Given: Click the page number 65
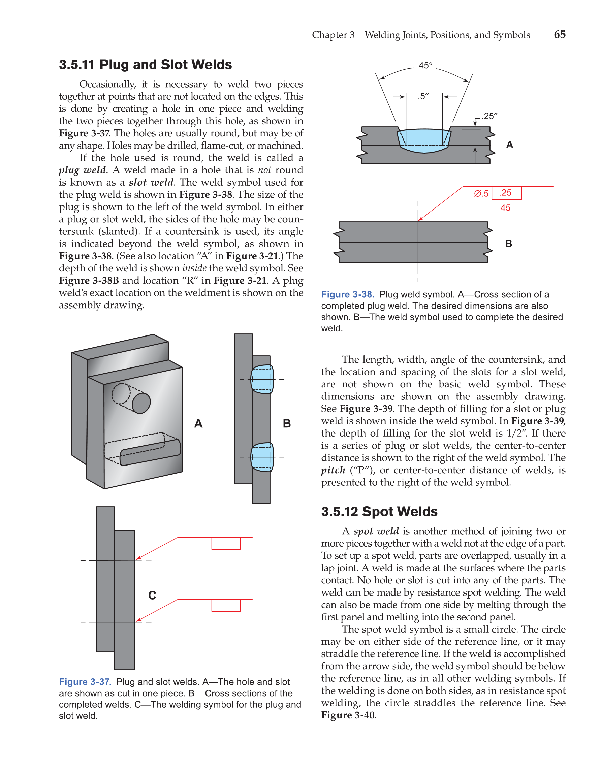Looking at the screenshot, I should click(x=560, y=34).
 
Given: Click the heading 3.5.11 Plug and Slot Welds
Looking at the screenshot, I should click(x=145, y=65).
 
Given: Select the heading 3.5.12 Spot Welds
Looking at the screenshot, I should click(x=379, y=511).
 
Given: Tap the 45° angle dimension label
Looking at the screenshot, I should click(x=425, y=65).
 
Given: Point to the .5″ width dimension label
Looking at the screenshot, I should click(x=423, y=96).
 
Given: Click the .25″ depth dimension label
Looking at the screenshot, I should click(x=490, y=116).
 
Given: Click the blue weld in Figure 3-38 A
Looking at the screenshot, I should click(x=424, y=141).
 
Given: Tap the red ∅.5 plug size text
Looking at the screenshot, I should click(x=481, y=194).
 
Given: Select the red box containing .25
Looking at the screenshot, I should click(x=506, y=193).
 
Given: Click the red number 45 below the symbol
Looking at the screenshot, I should click(x=505, y=208).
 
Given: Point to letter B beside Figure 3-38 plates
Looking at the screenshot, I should click(x=508, y=244).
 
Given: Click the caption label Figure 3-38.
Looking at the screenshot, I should click(x=348, y=295).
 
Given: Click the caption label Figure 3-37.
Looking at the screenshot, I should click(x=85, y=682).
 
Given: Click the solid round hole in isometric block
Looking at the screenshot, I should click(x=141, y=403).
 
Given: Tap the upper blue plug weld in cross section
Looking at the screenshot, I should click(x=262, y=379).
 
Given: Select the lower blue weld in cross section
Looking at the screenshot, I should click(x=262, y=457).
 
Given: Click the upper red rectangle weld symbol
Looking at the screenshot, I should click(x=226, y=543).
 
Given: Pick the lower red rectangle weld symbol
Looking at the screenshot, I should click(x=226, y=605).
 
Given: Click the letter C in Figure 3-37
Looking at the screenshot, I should click(x=152, y=596).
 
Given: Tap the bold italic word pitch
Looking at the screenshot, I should click(x=333, y=470).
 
